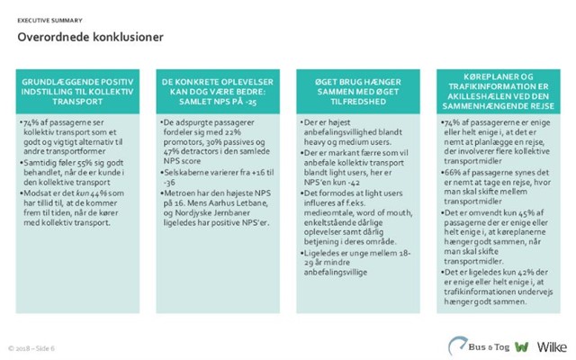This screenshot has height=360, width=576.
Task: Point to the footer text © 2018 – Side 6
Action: click(31, 346)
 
